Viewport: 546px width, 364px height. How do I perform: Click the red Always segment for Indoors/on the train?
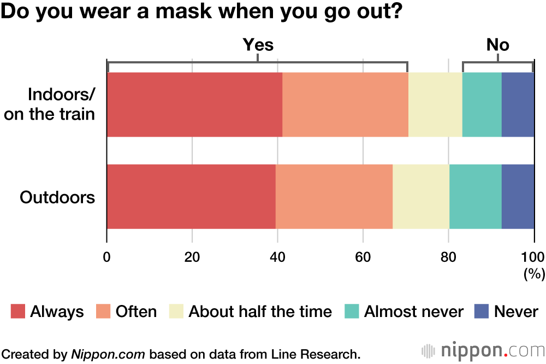[194, 104]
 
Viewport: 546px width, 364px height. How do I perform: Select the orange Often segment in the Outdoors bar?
[334, 196]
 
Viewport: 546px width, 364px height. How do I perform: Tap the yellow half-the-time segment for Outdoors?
[421, 196]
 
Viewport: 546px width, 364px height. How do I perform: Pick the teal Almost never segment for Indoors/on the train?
[482, 104]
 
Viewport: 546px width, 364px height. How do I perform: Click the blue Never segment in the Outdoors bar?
[518, 196]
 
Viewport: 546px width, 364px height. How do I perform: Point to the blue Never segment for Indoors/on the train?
[518, 104]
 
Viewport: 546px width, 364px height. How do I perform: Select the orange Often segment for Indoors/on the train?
[345, 104]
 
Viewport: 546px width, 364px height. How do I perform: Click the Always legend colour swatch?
[18, 312]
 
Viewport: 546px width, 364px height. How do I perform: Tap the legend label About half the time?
[260, 312]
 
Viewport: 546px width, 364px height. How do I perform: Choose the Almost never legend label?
[413, 312]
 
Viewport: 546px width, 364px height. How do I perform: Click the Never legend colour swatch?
[481, 312]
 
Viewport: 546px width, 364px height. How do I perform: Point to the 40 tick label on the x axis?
[277, 257]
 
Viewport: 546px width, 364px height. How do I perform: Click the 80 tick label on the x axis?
[448, 257]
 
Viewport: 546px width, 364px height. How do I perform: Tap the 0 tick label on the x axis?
[107, 257]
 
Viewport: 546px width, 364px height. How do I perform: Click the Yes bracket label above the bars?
[258, 45]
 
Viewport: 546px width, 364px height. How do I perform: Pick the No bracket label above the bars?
[497, 45]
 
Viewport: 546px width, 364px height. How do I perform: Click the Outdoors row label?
[57, 197]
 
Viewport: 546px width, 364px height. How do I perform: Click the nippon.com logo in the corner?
[483, 350]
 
